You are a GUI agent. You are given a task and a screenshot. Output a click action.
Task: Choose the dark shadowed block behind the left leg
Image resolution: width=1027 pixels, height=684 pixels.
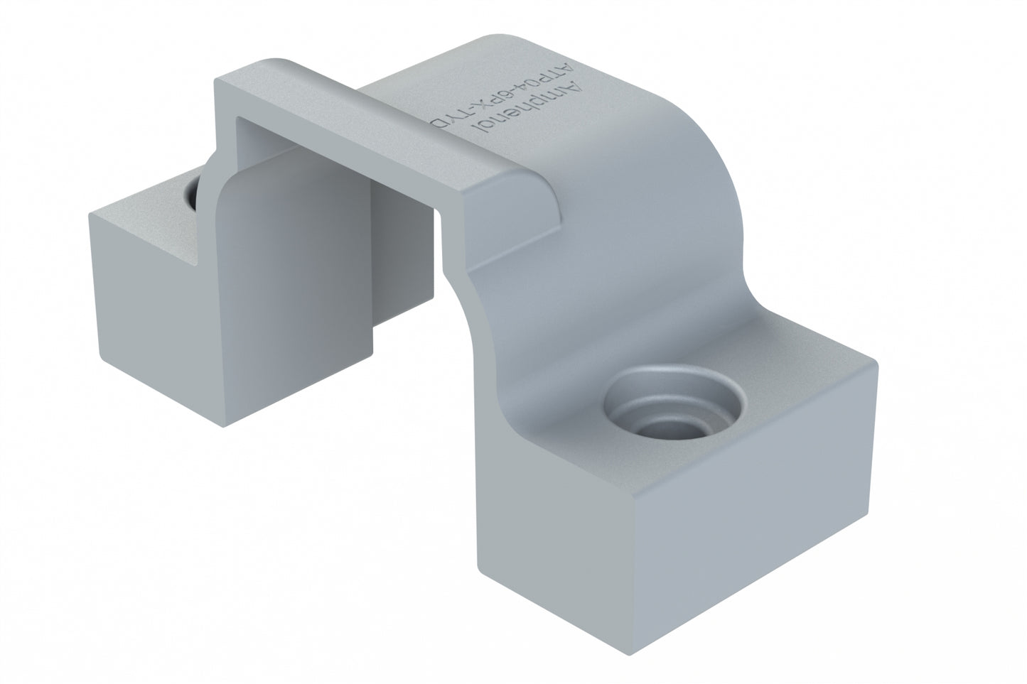pyautogui.click(x=398, y=263)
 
